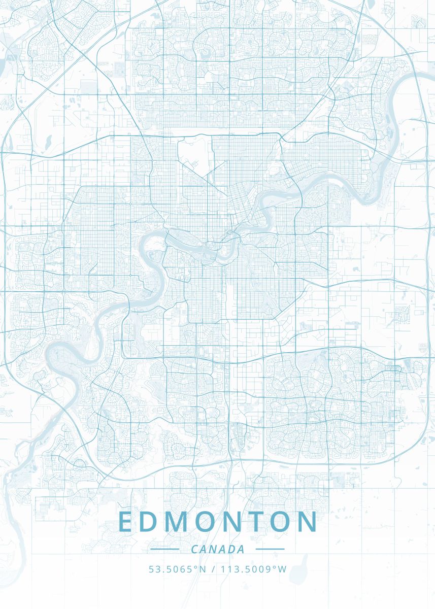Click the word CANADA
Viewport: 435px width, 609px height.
pos(218,549)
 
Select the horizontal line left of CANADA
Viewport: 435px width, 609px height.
pos(164,549)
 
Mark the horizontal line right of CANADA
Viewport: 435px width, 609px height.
pos(270,549)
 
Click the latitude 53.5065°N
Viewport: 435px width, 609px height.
pos(177,569)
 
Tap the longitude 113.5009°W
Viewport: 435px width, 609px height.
pos(253,569)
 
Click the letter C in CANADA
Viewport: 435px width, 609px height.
pos(195,549)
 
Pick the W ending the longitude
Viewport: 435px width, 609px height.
pos(283,569)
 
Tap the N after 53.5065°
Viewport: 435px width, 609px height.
pos(203,569)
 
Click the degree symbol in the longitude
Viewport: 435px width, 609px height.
pos(276,566)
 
